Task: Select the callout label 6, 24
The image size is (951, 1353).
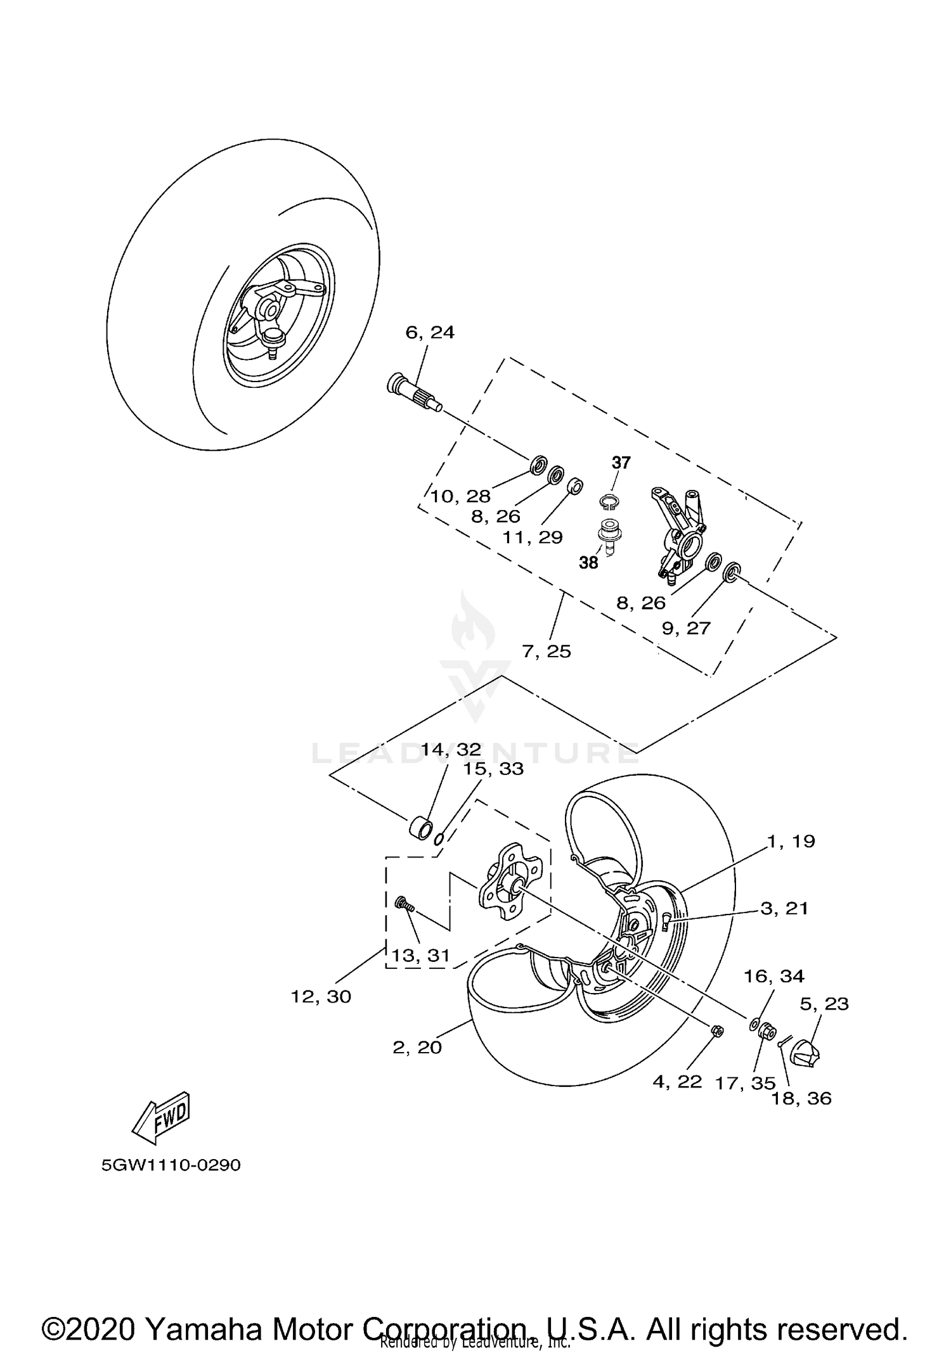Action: [x=430, y=333]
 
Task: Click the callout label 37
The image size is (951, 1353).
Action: [x=621, y=463]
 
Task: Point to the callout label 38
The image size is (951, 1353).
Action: [x=588, y=563]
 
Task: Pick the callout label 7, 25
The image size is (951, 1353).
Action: [x=547, y=651]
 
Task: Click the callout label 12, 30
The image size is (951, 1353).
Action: [x=321, y=997]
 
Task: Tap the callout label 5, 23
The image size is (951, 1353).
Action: [x=824, y=1004]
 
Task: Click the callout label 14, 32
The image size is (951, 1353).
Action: [x=451, y=750]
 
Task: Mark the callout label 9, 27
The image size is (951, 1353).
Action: [x=686, y=628]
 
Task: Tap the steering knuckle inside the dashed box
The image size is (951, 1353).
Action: [x=682, y=532]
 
